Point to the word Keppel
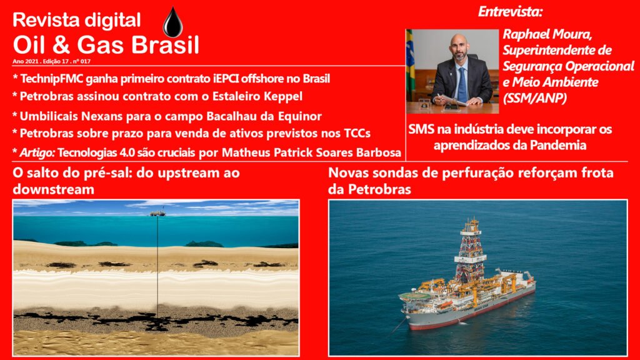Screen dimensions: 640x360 [x=283, y=97]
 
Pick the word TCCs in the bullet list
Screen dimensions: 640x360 [x=357, y=134]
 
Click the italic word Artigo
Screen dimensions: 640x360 [x=37, y=153]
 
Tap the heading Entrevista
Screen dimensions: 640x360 [x=510, y=11]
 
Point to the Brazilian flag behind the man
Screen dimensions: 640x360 [x=410, y=61]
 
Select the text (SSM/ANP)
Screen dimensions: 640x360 [x=535, y=98]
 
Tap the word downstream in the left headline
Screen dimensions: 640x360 [x=54, y=189]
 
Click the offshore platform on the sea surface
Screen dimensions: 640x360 [x=157, y=212]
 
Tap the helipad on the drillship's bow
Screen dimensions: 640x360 [x=415, y=296]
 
